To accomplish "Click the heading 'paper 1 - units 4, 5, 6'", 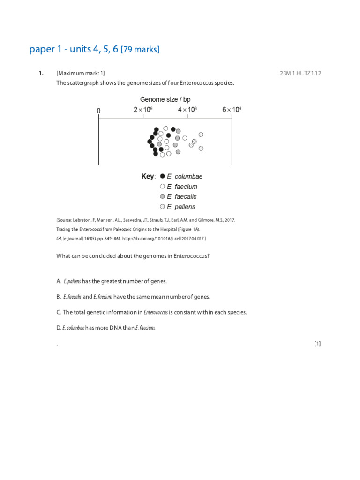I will point(74,49).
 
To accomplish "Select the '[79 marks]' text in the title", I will point(140,50).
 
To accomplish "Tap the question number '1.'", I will point(41,73).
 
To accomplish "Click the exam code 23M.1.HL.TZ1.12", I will point(300,73).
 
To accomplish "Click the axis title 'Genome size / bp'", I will point(165,99).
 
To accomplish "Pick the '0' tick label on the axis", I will point(98,111).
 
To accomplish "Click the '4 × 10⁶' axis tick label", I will point(187,110).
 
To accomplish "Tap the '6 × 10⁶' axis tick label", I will point(232,110).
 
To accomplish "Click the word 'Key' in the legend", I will point(148,177).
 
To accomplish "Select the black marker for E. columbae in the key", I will point(162,177).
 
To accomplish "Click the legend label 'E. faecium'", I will point(182,187).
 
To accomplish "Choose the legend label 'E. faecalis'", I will point(182,196).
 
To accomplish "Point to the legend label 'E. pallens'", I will point(181,207).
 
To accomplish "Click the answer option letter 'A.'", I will point(59,281).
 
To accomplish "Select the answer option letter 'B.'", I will point(59,297).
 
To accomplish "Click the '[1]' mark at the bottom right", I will point(317,344).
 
